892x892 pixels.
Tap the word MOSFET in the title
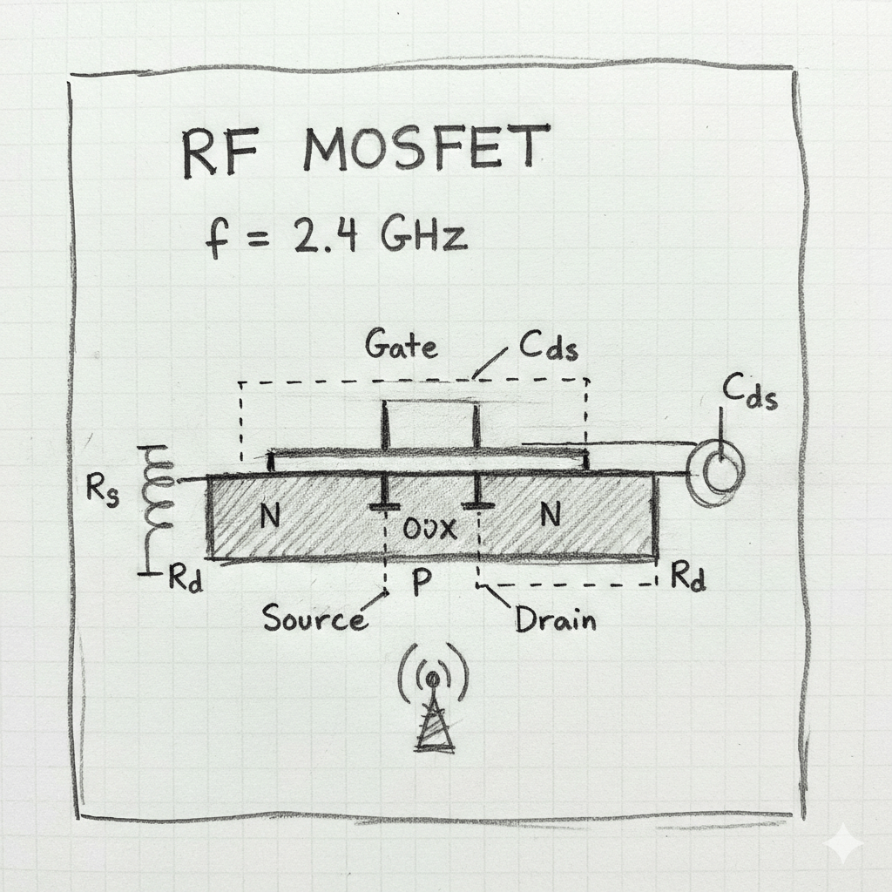pos(427,150)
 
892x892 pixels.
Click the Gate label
pos(401,346)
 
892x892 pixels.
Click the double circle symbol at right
pos(717,471)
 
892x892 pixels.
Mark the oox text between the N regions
pos(430,529)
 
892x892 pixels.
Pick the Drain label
pos(555,619)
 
